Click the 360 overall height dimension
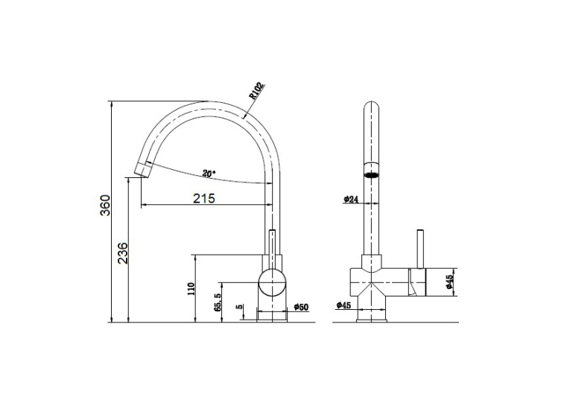tap(105, 205)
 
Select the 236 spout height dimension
tap(123, 253)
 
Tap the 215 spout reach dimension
tap(204, 198)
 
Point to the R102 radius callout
tap(256, 90)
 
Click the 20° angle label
tap(209, 174)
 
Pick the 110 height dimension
tap(191, 288)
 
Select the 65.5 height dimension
tap(218, 302)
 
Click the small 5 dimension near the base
tap(239, 306)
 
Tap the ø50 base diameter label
tap(300, 307)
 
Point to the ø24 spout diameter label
tap(351, 199)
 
